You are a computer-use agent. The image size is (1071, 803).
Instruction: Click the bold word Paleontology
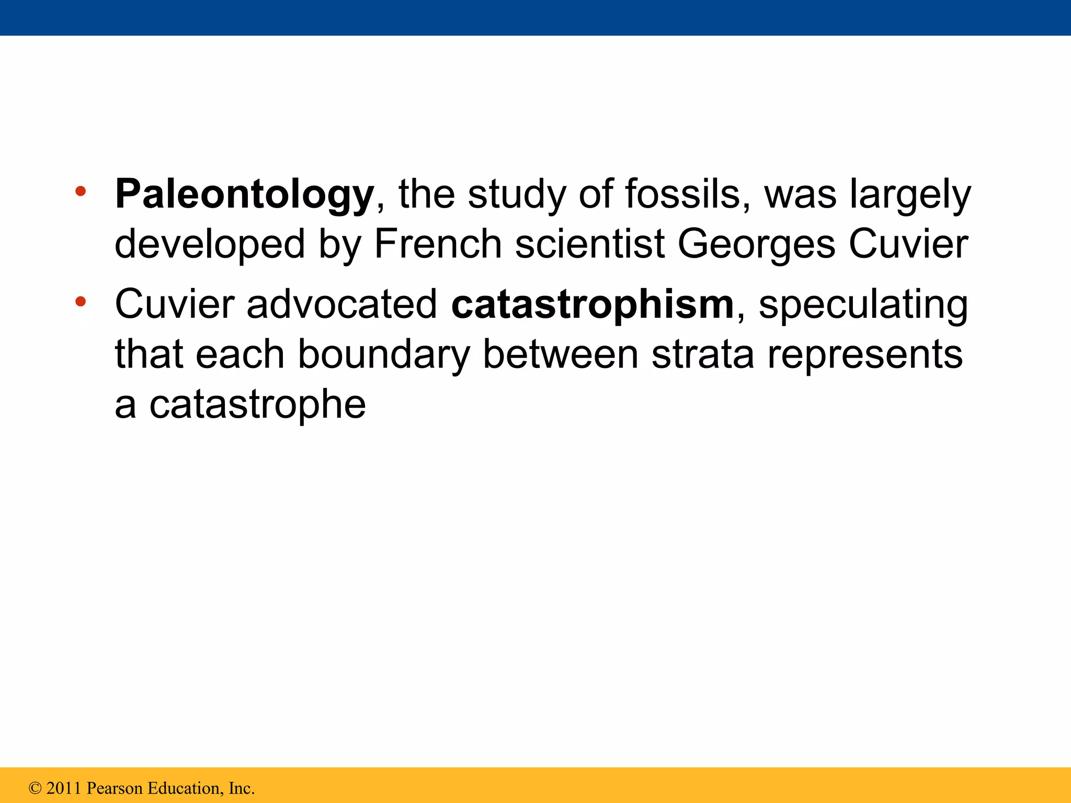[244, 194]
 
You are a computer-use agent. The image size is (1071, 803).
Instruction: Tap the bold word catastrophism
[593, 304]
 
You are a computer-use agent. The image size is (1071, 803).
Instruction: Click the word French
[438, 244]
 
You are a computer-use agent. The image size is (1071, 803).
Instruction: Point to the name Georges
[756, 244]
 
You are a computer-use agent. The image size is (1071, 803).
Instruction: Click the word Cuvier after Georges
[908, 244]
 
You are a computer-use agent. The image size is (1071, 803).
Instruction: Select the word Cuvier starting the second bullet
[175, 304]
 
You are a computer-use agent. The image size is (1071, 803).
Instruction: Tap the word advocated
[341, 304]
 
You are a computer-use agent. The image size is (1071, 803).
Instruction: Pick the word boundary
[384, 354]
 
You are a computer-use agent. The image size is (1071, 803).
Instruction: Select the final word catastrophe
[257, 404]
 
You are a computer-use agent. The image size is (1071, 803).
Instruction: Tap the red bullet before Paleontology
[80, 191]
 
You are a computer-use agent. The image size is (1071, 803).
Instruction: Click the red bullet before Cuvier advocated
[80, 302]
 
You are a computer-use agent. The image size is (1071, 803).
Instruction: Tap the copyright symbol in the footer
[35, 788]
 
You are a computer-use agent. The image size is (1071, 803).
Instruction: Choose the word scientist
[590, 244]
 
